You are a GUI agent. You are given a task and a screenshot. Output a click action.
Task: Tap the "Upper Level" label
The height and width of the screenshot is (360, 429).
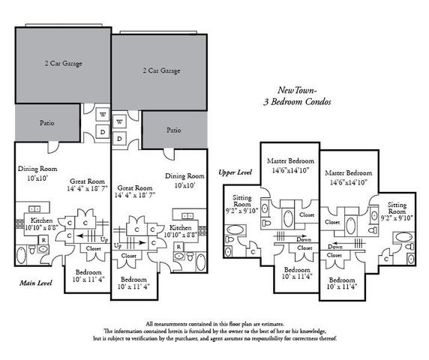click(234, 172)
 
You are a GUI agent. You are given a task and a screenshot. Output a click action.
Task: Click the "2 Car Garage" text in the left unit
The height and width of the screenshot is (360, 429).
click(58, 63)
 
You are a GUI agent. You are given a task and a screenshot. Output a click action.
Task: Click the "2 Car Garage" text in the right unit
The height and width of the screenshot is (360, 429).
click(161, 70)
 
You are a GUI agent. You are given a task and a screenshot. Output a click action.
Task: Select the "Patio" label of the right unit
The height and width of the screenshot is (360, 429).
click(173, 130)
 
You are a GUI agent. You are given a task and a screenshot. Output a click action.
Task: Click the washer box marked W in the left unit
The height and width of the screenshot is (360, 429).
click(102, 115)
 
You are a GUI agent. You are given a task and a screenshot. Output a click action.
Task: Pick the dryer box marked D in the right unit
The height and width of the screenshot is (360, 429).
click(120, 139)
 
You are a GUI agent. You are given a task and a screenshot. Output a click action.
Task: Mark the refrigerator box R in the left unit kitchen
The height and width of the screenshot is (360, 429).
click(43, 239)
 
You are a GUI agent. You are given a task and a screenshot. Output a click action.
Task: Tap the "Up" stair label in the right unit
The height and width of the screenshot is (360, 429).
click(117, 245)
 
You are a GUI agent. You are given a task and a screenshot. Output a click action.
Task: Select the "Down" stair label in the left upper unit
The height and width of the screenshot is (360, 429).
click(304, 238)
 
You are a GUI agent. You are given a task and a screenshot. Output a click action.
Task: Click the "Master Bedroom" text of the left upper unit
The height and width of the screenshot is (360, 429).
click(289, 161)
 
